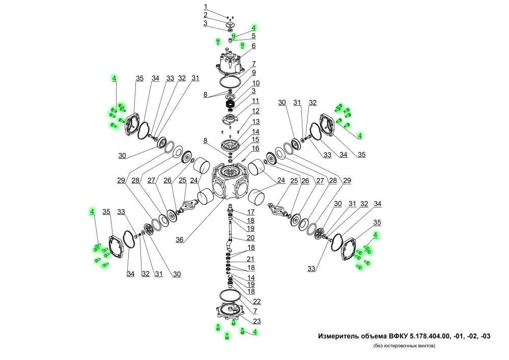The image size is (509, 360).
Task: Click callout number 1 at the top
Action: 206,7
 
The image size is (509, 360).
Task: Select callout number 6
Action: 253,46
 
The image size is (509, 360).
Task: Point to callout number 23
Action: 256,321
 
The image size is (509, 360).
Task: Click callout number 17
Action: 251,212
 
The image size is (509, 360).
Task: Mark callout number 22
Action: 257,301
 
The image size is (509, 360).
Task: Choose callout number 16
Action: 256,148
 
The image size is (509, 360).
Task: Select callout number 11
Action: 256,101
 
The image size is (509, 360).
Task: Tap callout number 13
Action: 256,122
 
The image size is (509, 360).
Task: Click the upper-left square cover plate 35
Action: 134,122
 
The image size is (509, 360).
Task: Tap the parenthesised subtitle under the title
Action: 404,346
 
